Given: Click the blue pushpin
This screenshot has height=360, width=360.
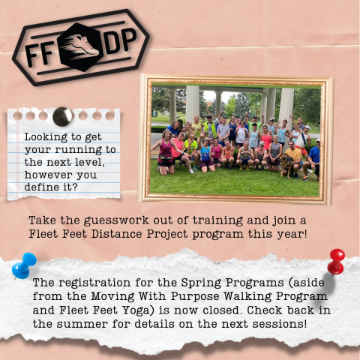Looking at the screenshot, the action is point(23,265).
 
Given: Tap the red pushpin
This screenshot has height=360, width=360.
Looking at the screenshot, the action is point(336,262).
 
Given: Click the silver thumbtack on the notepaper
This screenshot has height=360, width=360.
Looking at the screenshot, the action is point(62,116).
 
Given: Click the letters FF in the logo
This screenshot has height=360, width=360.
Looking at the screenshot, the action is point(39,54).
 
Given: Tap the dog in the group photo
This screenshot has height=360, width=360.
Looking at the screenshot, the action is point(287,163).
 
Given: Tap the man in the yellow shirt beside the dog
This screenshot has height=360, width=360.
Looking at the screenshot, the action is point(293,157).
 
